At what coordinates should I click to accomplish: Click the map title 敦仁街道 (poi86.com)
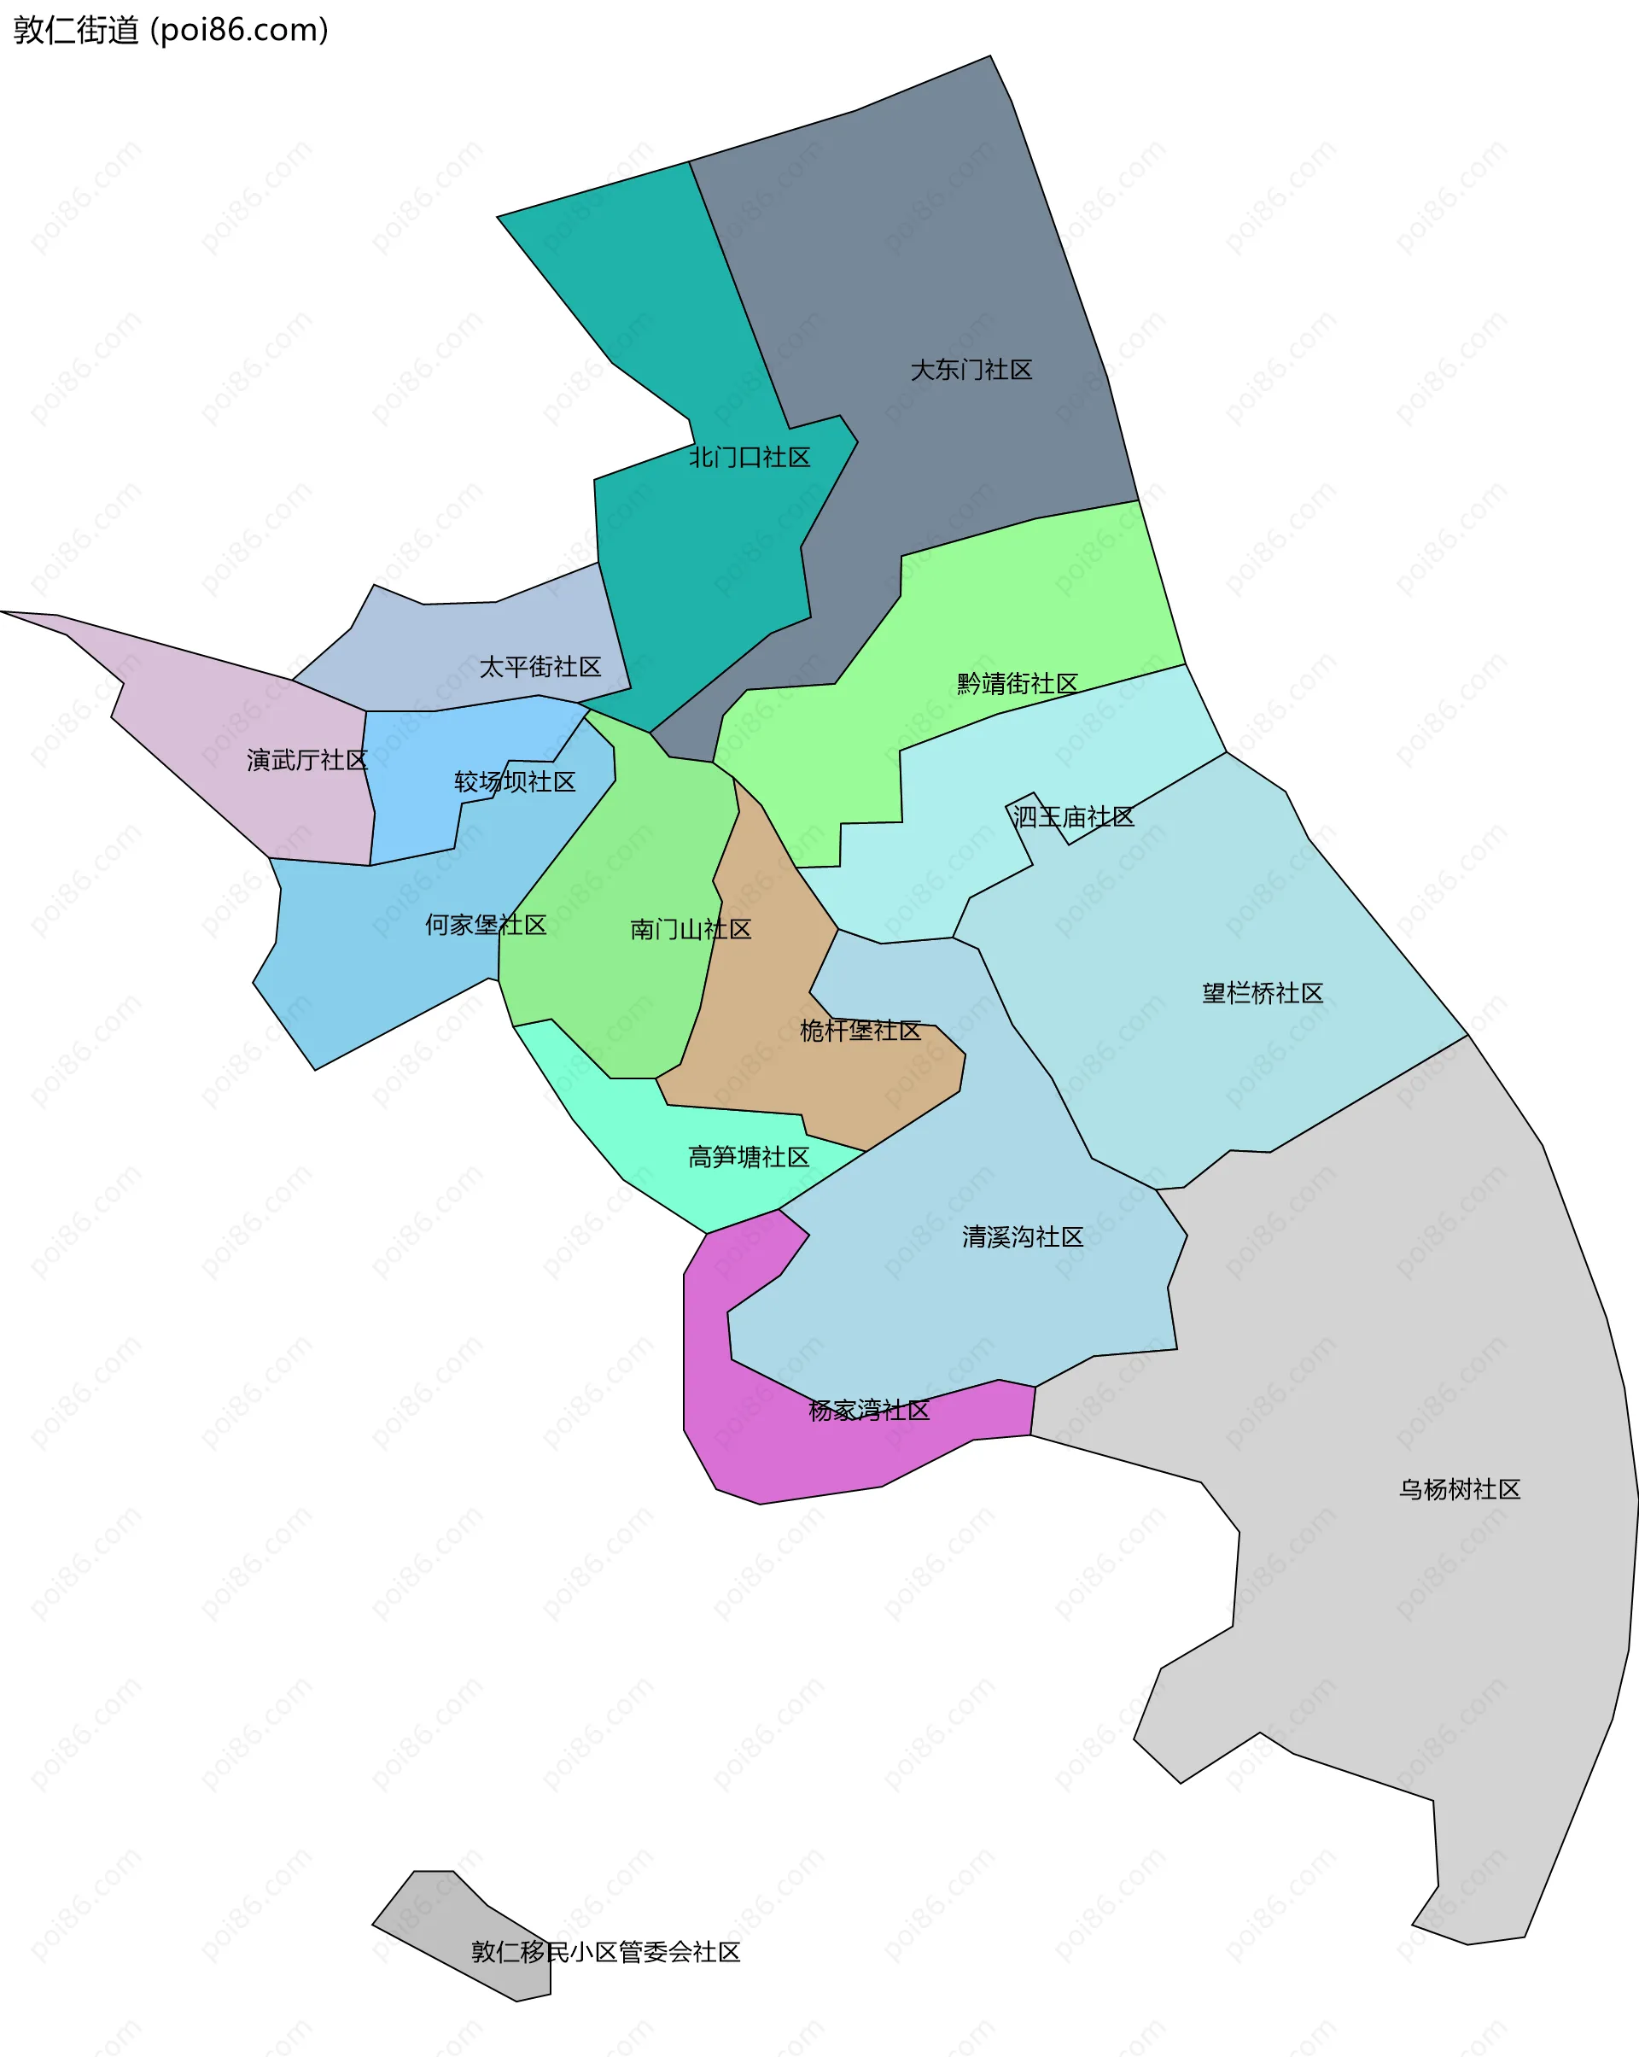[171, 31]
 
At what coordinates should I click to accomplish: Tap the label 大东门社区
[971, 371]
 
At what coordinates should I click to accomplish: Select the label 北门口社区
[750, 458]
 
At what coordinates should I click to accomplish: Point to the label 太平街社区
[540, 667]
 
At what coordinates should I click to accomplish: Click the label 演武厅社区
[307, 761]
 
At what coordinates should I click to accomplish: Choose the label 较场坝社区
[515, 782]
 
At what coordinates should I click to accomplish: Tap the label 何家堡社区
[486, 925]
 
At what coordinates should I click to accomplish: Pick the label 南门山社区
[691, 929]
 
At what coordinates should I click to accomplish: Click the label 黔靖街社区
[1017, 684]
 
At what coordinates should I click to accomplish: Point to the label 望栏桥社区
[1263, 993]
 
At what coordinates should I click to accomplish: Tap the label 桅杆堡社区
[860, 1031]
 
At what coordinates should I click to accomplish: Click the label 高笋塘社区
[749, 1157]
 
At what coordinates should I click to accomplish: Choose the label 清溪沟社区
[1023, 1237]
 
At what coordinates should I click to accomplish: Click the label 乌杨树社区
[1460, 1489]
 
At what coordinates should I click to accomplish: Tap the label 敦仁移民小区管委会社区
[606, 1952]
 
